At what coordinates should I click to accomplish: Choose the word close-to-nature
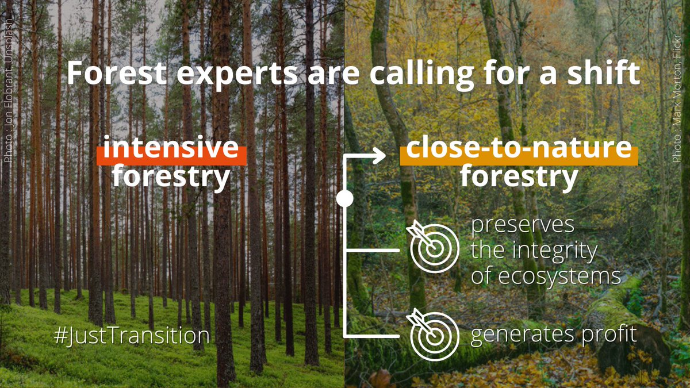[x=519, y=149]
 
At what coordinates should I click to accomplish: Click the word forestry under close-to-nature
[x=519, y=176]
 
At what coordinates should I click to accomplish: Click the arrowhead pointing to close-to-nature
[x=379, y=156]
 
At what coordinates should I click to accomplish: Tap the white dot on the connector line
[x=344, y=199]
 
